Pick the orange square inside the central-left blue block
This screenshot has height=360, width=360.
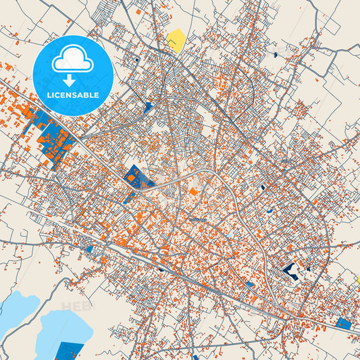coord(132,178)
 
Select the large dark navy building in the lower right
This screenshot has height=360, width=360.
coord(292,271)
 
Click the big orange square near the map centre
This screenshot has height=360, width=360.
coord(194,192)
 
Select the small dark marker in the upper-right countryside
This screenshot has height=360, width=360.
coord(276,54)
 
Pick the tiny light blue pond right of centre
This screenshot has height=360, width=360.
coord(270,211)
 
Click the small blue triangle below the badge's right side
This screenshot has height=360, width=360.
coord(148,106)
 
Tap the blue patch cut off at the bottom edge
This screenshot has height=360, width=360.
coord(195,357)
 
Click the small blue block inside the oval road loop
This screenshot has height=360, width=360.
coord(262,187)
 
